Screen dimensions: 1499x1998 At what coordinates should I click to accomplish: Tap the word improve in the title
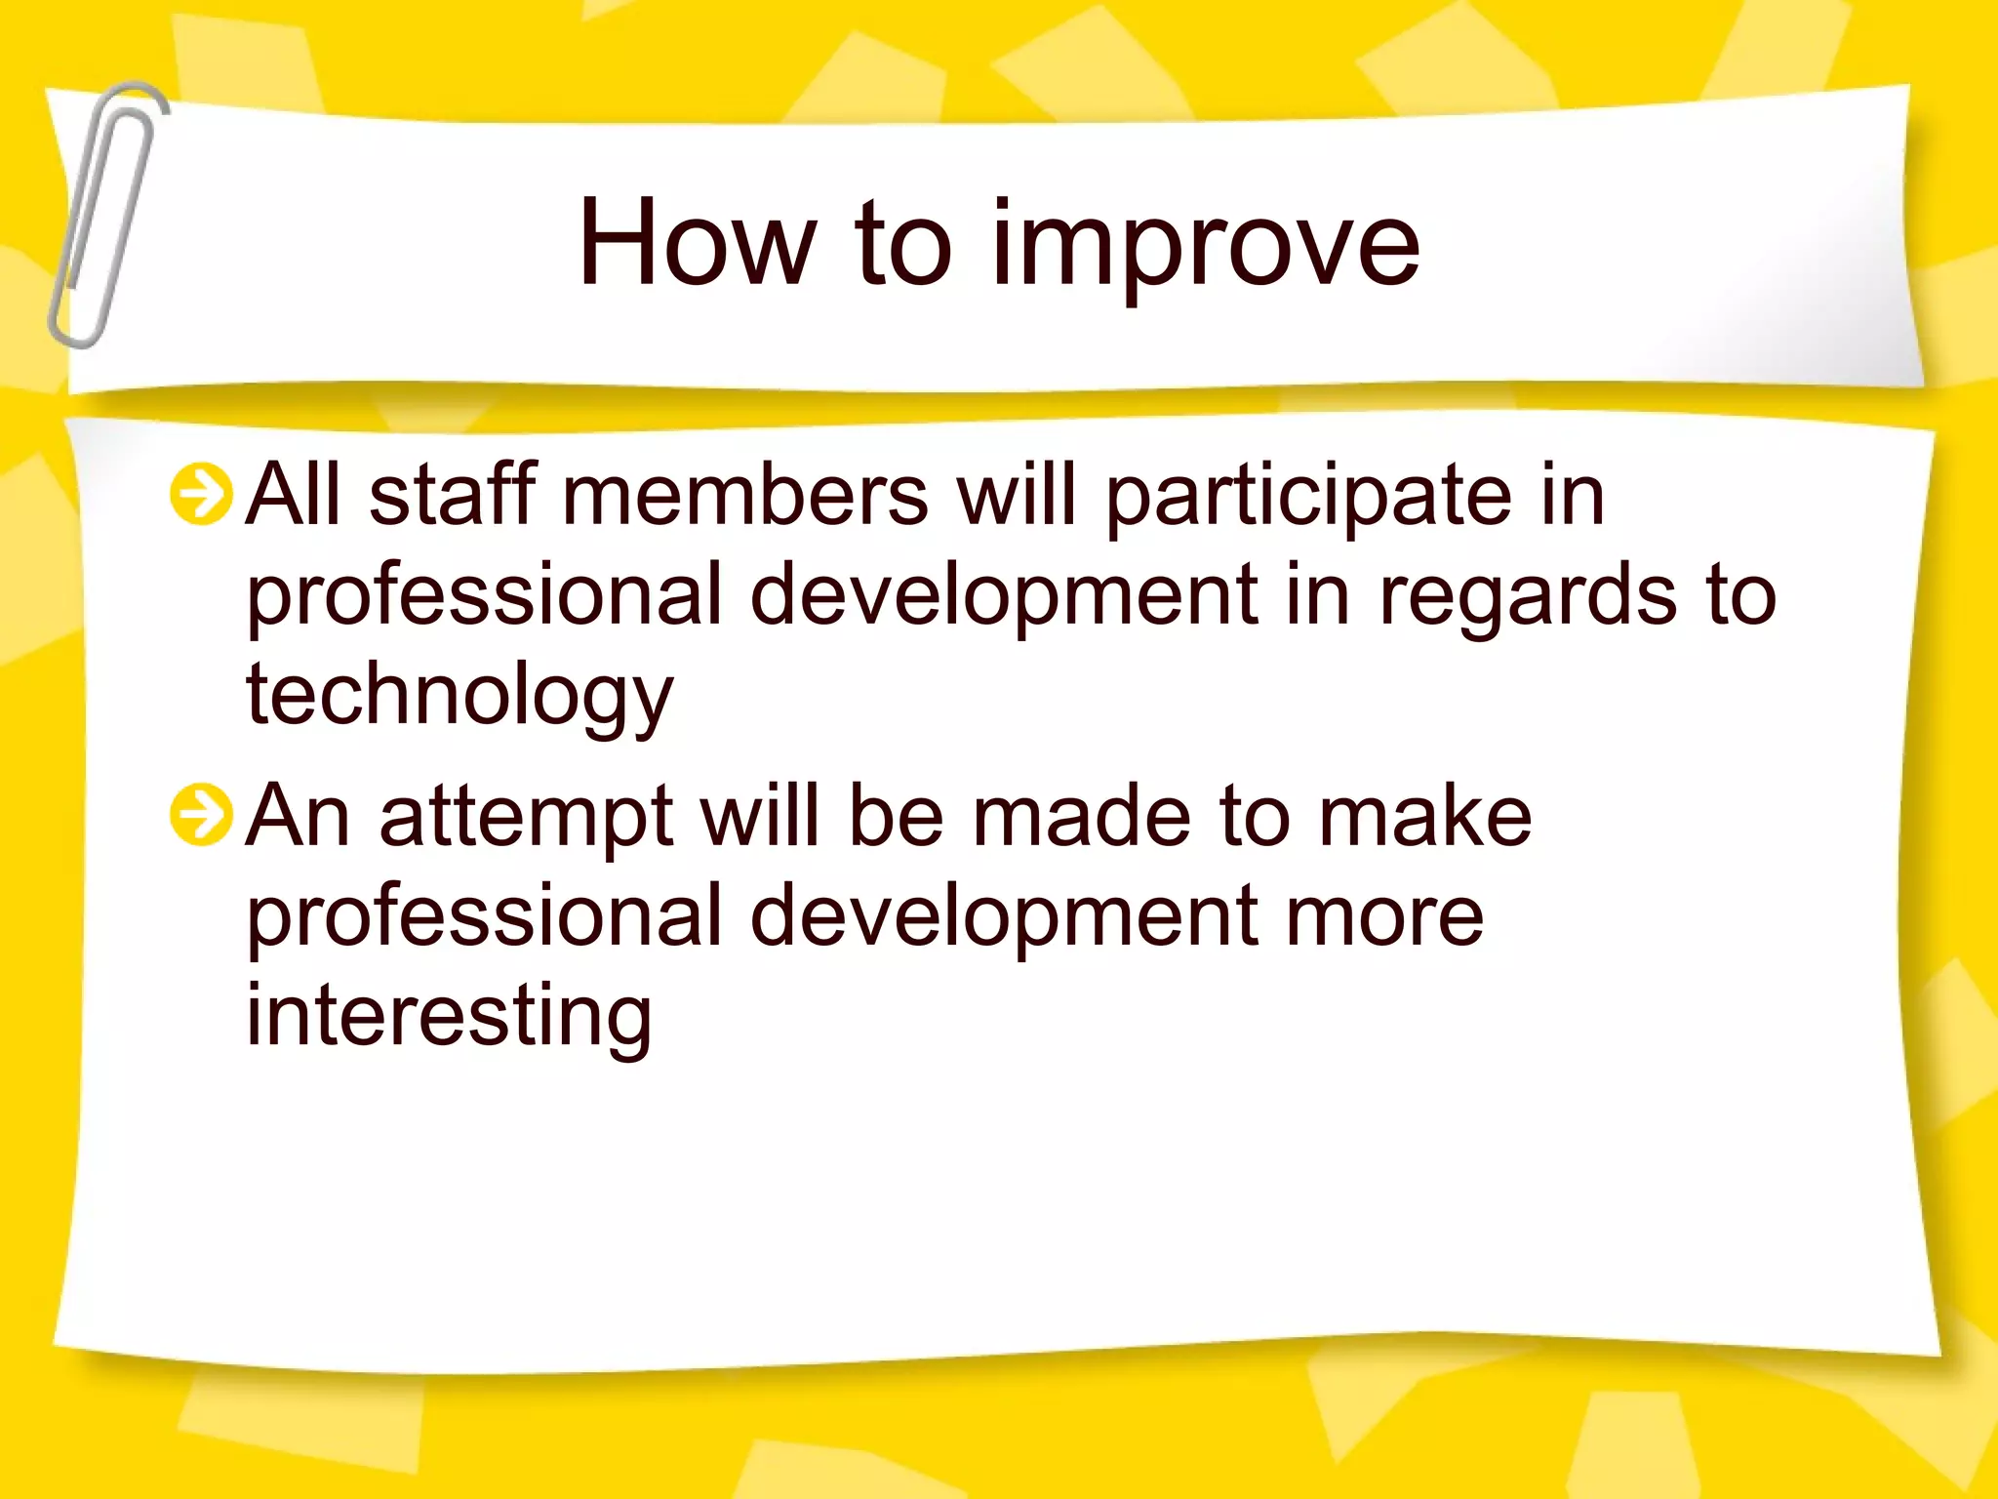pyautogui.click(x=1206, y=249)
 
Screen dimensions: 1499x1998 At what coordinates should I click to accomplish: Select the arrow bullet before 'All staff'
pyautogui.click(x=201, y=494)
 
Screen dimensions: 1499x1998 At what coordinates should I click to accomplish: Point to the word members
pyautogui.click(x=745, y=496)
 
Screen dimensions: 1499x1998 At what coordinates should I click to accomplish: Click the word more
pyautogui.click(x=1384, y=917)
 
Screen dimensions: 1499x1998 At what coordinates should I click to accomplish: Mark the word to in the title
pyautogui.click(x=902, y=244)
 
